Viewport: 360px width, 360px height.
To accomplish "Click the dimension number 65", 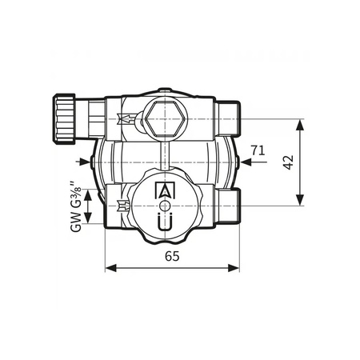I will click(x=171, y=256).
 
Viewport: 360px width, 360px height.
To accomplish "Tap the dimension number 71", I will click(x=257, y=150).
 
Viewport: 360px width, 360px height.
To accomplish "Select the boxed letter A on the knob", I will click(x=166, y=191).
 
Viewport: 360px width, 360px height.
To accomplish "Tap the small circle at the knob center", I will click(x=165, y=206).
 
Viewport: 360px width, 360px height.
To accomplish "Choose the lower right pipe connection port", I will click(x=230, y=206).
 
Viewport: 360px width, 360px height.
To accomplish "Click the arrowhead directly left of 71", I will click(x=245, y=162).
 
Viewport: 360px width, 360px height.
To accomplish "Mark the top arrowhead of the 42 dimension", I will click(x=301, y=124).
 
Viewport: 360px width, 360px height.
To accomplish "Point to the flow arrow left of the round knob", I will click(x=122, y=206).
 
